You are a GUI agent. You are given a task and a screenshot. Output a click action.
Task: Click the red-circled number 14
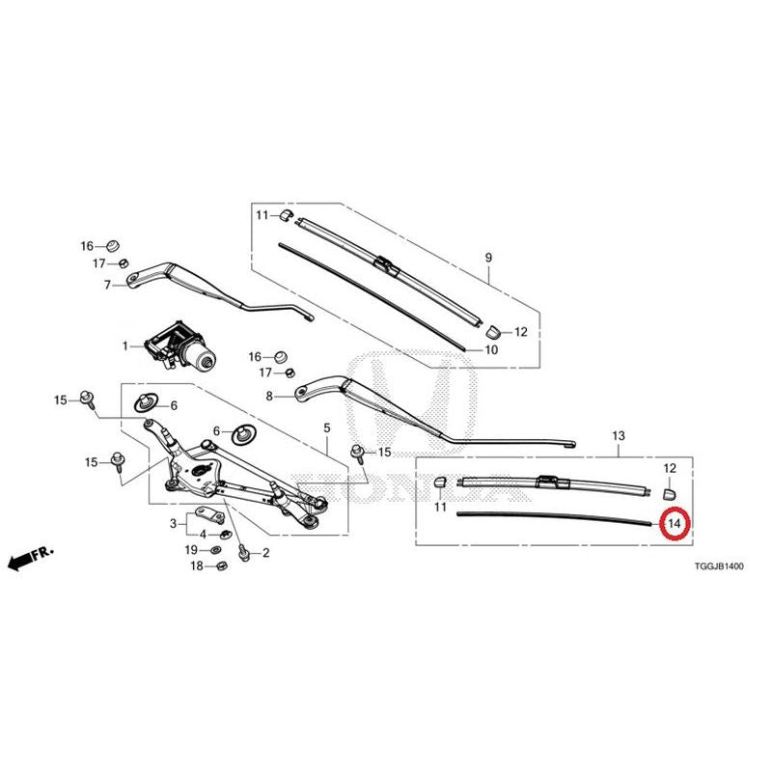[675, 523]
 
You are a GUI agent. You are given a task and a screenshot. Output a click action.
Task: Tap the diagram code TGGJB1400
[719, 566]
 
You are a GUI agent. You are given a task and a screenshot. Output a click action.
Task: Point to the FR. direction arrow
[31, 559]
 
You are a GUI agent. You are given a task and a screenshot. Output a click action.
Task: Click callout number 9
[488, 258]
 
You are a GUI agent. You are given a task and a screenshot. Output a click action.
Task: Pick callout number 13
[619, 436]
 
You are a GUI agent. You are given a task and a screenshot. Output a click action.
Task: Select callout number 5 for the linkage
[327, 428]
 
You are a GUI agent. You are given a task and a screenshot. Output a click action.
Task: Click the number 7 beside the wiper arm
[107, 285]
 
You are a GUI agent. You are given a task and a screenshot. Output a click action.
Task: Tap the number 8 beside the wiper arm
[269, 396]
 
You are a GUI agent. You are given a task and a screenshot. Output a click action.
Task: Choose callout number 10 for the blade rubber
[491, 349]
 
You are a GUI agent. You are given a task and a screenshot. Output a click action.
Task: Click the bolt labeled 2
[242, 553]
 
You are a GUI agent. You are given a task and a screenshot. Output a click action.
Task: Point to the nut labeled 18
[221, 566]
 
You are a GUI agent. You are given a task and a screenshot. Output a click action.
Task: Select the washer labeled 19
[215, 549]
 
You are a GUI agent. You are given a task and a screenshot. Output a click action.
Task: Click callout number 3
[173, 523]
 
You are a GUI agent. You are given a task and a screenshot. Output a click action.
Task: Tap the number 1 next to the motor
[125, 346]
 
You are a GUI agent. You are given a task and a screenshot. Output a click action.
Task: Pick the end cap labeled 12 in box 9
[493, 332]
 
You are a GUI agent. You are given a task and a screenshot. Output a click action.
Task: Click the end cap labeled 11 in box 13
[440, 481]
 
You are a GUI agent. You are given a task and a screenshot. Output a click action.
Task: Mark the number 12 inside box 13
[670, 468]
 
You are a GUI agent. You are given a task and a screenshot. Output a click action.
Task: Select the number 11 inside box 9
[262, 215]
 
